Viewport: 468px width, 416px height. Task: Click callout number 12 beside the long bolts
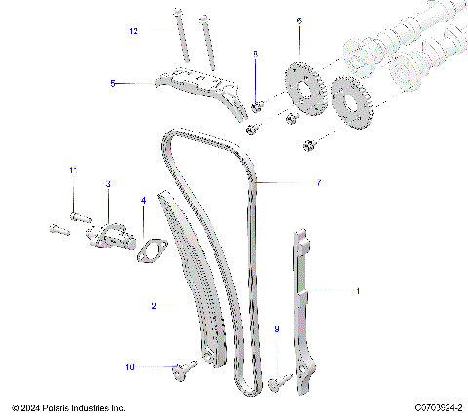[135, 31]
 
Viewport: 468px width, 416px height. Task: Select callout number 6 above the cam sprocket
[299, 19]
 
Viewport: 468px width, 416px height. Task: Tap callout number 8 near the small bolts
[256, 54]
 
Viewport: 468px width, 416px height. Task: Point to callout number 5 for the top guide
[113, 84]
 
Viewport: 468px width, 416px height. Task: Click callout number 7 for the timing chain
[318, 182]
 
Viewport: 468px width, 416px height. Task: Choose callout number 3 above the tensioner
[108, 183]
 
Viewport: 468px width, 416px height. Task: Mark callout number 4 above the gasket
[144, 201]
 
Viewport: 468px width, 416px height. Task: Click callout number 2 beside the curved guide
[153, 305]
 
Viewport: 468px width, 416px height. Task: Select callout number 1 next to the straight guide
[357, 290]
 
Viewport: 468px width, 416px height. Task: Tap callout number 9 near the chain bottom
[276, 330]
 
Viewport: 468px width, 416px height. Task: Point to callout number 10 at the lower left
[128, 367]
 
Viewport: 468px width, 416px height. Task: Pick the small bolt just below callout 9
[276, 384]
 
